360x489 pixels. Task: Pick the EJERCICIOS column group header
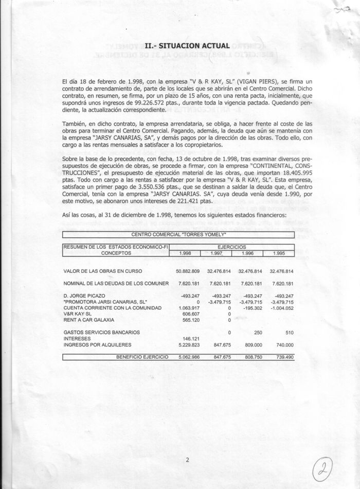tap(235, 247)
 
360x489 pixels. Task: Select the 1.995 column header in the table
tap(278, 253)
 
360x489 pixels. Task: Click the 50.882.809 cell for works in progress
tap(188, 271)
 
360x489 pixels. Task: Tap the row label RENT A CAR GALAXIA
tap(88, 319)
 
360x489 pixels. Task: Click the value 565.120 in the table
tap(191, 319)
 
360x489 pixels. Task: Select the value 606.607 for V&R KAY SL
tap(191, 313)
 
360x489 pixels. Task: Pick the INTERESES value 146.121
tap(191, 339)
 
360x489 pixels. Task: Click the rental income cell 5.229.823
tap(188, 345)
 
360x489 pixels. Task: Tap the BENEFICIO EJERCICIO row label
tap(142, 356)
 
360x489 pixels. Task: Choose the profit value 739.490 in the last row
tap(283, 356)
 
